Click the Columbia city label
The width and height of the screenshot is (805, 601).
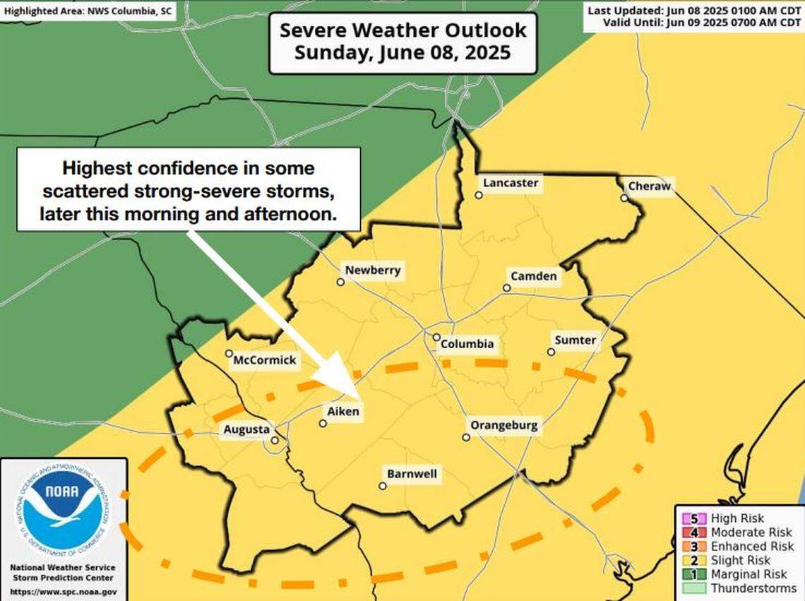467,345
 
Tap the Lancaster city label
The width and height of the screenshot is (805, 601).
510,184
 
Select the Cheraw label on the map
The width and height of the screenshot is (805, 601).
649,186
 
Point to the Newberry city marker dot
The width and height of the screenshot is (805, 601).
340,282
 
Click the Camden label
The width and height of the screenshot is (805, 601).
533,276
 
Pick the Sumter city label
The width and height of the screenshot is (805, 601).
575,340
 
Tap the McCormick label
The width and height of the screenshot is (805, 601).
265,361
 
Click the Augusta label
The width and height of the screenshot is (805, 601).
246,429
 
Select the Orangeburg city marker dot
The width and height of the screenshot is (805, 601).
466,437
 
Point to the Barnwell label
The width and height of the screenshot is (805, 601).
411,474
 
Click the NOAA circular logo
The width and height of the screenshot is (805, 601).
64,511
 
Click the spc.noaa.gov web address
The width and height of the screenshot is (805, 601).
64,592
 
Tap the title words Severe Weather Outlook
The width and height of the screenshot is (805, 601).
402,31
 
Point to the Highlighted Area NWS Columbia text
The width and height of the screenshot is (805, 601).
88,11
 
